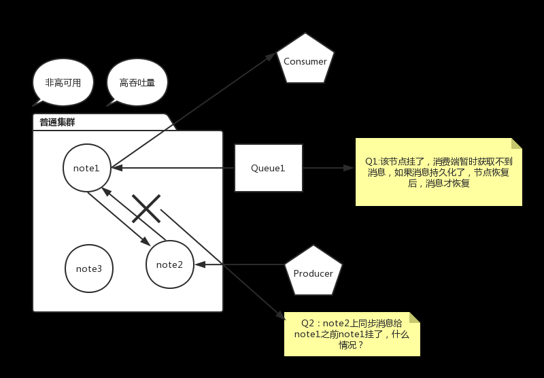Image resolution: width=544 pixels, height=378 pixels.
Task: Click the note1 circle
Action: click(x=86, y=167)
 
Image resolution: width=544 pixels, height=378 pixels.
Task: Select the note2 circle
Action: click(x=170, y=264)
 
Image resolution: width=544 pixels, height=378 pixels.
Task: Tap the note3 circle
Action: click(x=89, y=269)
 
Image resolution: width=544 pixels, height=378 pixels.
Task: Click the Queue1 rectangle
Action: click(x=268, y=168)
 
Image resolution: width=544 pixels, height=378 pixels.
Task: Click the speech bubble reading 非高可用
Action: click(x=63, y=83)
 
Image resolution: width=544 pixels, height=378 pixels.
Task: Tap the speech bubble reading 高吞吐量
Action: click(x=137, y=83)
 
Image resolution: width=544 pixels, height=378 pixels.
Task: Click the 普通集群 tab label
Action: click(x=57, y=122)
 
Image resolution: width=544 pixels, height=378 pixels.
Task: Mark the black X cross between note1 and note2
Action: click(x=146, y=208)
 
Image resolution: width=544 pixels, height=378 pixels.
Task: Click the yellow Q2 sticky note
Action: click(x=352, y=334)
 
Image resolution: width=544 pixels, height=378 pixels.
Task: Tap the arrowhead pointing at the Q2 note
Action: click(x=282, y=315)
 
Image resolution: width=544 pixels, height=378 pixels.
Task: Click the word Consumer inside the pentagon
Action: click(x=305, y=61)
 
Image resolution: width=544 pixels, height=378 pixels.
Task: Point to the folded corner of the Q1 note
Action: click(x=516, y=143)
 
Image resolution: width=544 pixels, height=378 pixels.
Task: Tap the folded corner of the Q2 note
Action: click(x=414, y=317)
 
